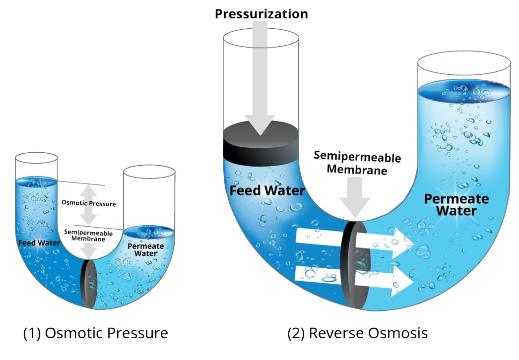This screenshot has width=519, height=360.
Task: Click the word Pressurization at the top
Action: (x=261, y=14)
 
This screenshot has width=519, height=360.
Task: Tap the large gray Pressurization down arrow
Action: (x=260, y=84)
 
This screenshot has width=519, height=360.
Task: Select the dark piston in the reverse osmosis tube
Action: (x=260, y=141)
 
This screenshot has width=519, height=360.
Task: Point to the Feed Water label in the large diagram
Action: (x=267, y=190)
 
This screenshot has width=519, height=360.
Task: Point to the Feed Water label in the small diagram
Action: (x=39, y=243)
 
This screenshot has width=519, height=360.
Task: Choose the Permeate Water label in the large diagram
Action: (x=456, y=205)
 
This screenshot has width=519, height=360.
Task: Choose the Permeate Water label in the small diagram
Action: (x=142, y=249)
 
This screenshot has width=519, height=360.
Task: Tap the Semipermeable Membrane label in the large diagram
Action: (x=357, y=164)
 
